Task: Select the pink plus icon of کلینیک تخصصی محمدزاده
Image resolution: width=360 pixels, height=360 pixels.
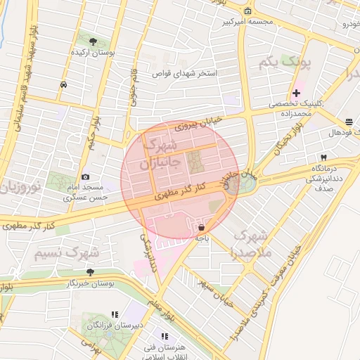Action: coord(296,93)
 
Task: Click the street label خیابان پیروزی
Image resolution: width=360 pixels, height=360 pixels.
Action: coord(198,124)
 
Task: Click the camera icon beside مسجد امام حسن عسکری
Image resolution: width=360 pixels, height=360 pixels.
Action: coord(86,177)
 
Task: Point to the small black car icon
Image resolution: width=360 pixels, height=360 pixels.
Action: coord(64,84)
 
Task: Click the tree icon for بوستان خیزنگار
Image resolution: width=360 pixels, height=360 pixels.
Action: coord(90,271)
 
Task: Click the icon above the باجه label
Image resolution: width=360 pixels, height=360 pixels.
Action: coord(202,227)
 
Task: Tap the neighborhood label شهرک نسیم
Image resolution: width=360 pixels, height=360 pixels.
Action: coord(67,251)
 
